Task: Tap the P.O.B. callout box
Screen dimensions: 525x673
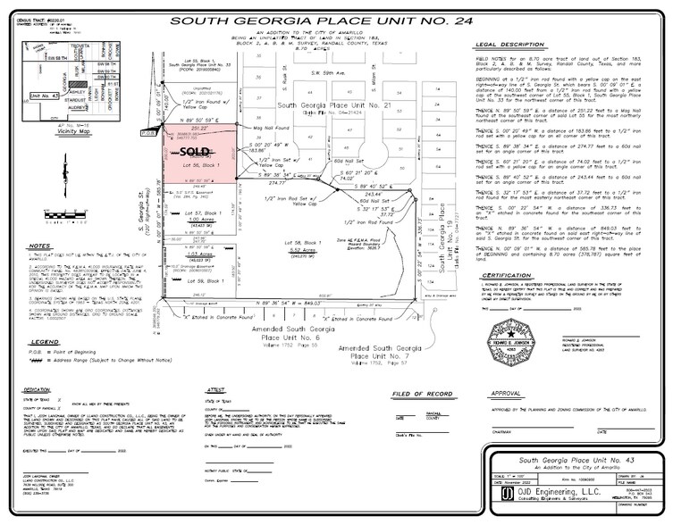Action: pos(149,132)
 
